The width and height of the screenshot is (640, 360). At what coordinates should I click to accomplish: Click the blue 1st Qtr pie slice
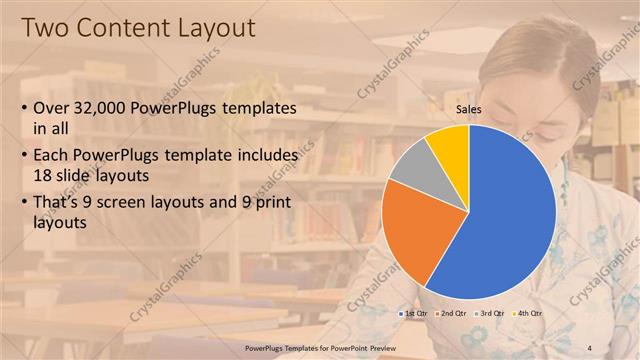point(505,210)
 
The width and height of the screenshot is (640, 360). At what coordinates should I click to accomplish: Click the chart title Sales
point(469,109)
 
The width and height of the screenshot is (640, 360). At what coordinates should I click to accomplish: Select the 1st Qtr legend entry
point(414,315)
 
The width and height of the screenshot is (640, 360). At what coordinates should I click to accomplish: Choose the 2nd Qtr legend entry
point(451,315)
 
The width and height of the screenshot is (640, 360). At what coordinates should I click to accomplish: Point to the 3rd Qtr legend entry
point(489,315)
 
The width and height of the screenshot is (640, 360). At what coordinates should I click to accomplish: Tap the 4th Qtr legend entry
point(526,315)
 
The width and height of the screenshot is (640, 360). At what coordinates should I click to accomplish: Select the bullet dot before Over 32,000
point(26,108)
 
